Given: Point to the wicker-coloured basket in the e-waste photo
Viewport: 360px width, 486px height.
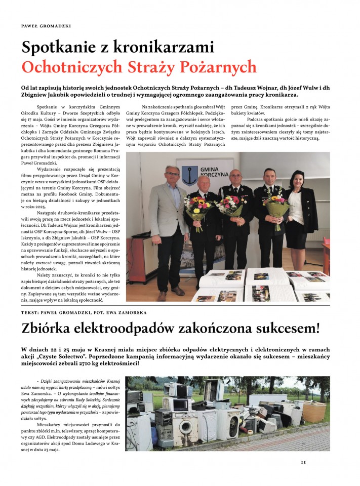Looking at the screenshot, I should (314, 411).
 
